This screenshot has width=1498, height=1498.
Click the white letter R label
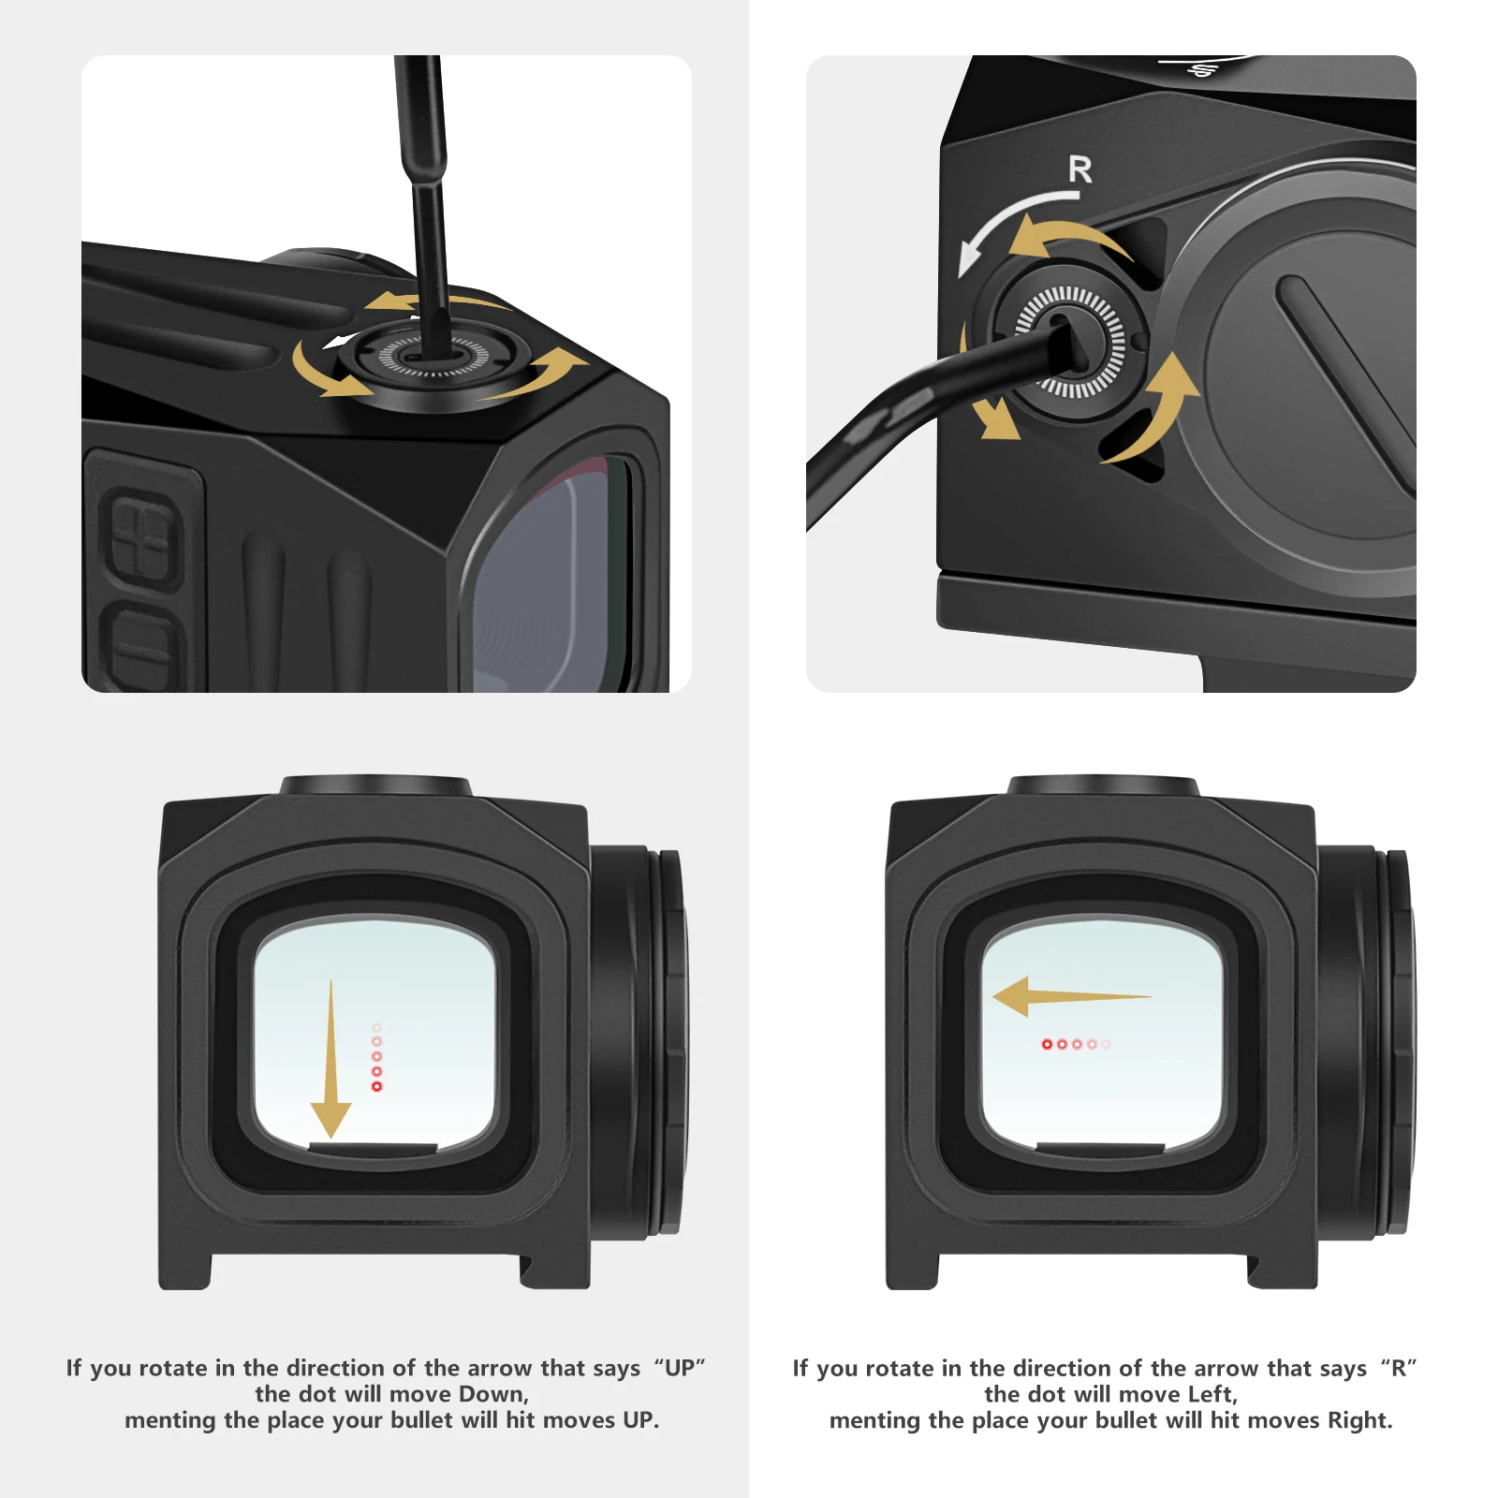click(x=1079, y=169)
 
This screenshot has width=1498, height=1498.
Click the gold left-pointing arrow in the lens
click(x=1067, y=997)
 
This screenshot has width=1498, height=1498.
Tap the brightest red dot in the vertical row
click(x=377, y=1086)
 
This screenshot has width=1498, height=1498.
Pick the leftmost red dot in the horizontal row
click(x=1047, y=1044)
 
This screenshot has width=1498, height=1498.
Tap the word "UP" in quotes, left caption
click(x=680, y=1368)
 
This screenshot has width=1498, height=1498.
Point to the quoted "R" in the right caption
click(x=1399, y=1368)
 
